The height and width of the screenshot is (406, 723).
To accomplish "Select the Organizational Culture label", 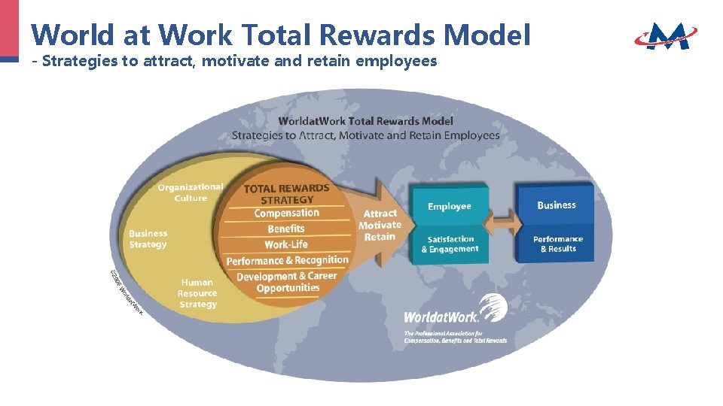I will point(191,192).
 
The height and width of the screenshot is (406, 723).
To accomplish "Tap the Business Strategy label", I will point(148,239).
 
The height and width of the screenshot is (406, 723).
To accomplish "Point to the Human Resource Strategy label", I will point(197,293).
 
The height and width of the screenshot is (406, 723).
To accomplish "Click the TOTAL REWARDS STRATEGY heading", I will point(287,194).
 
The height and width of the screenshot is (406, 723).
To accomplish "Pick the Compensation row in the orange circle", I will point(287,214).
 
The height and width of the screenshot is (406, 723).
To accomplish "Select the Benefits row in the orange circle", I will point(286,229).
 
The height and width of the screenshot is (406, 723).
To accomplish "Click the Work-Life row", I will point(286,244).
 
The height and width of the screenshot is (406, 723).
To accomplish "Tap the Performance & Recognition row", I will point(288,260).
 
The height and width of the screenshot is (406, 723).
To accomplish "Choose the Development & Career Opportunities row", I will point(287,282).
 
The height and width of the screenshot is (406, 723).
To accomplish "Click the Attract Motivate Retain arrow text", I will point(380,225).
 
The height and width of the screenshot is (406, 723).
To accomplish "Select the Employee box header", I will point(450,207).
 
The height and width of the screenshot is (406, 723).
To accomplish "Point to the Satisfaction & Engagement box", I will point(450,244).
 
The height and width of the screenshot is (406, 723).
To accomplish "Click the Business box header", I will point(557,205).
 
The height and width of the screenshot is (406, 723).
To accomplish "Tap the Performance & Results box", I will point(558,244).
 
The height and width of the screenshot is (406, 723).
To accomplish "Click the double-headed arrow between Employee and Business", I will point(503,223).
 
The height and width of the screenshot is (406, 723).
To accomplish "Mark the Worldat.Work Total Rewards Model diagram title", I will point(366,120).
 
